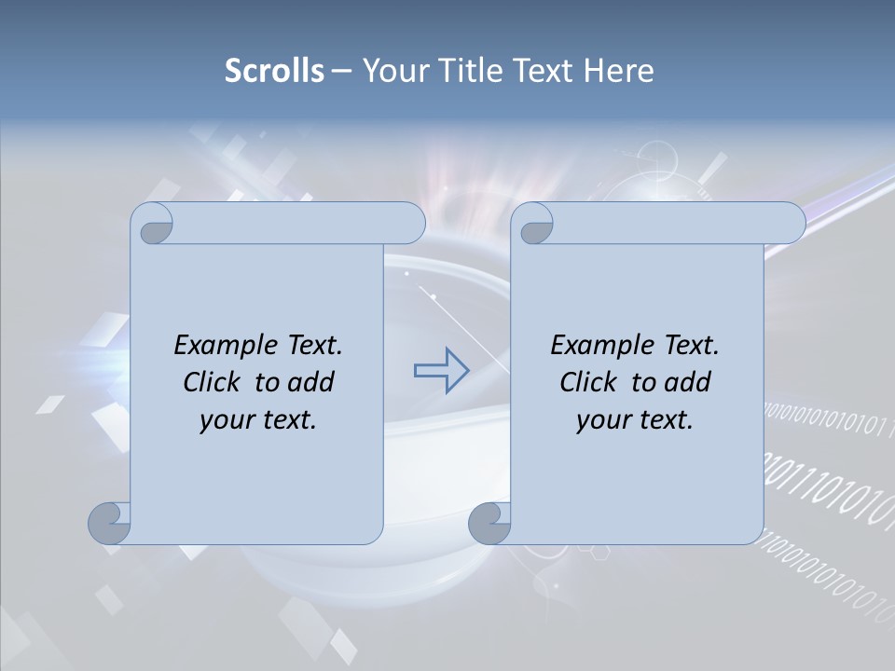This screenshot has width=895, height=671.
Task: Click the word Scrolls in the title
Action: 275,71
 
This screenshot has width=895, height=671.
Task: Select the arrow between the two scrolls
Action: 441,370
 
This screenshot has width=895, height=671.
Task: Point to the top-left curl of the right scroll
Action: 535,225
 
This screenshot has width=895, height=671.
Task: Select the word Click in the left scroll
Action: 212,382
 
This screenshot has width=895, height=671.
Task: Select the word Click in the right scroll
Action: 588,382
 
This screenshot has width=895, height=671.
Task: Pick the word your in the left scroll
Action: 225,420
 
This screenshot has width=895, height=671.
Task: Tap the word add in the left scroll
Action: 311,382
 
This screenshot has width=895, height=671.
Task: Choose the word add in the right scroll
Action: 688,382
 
